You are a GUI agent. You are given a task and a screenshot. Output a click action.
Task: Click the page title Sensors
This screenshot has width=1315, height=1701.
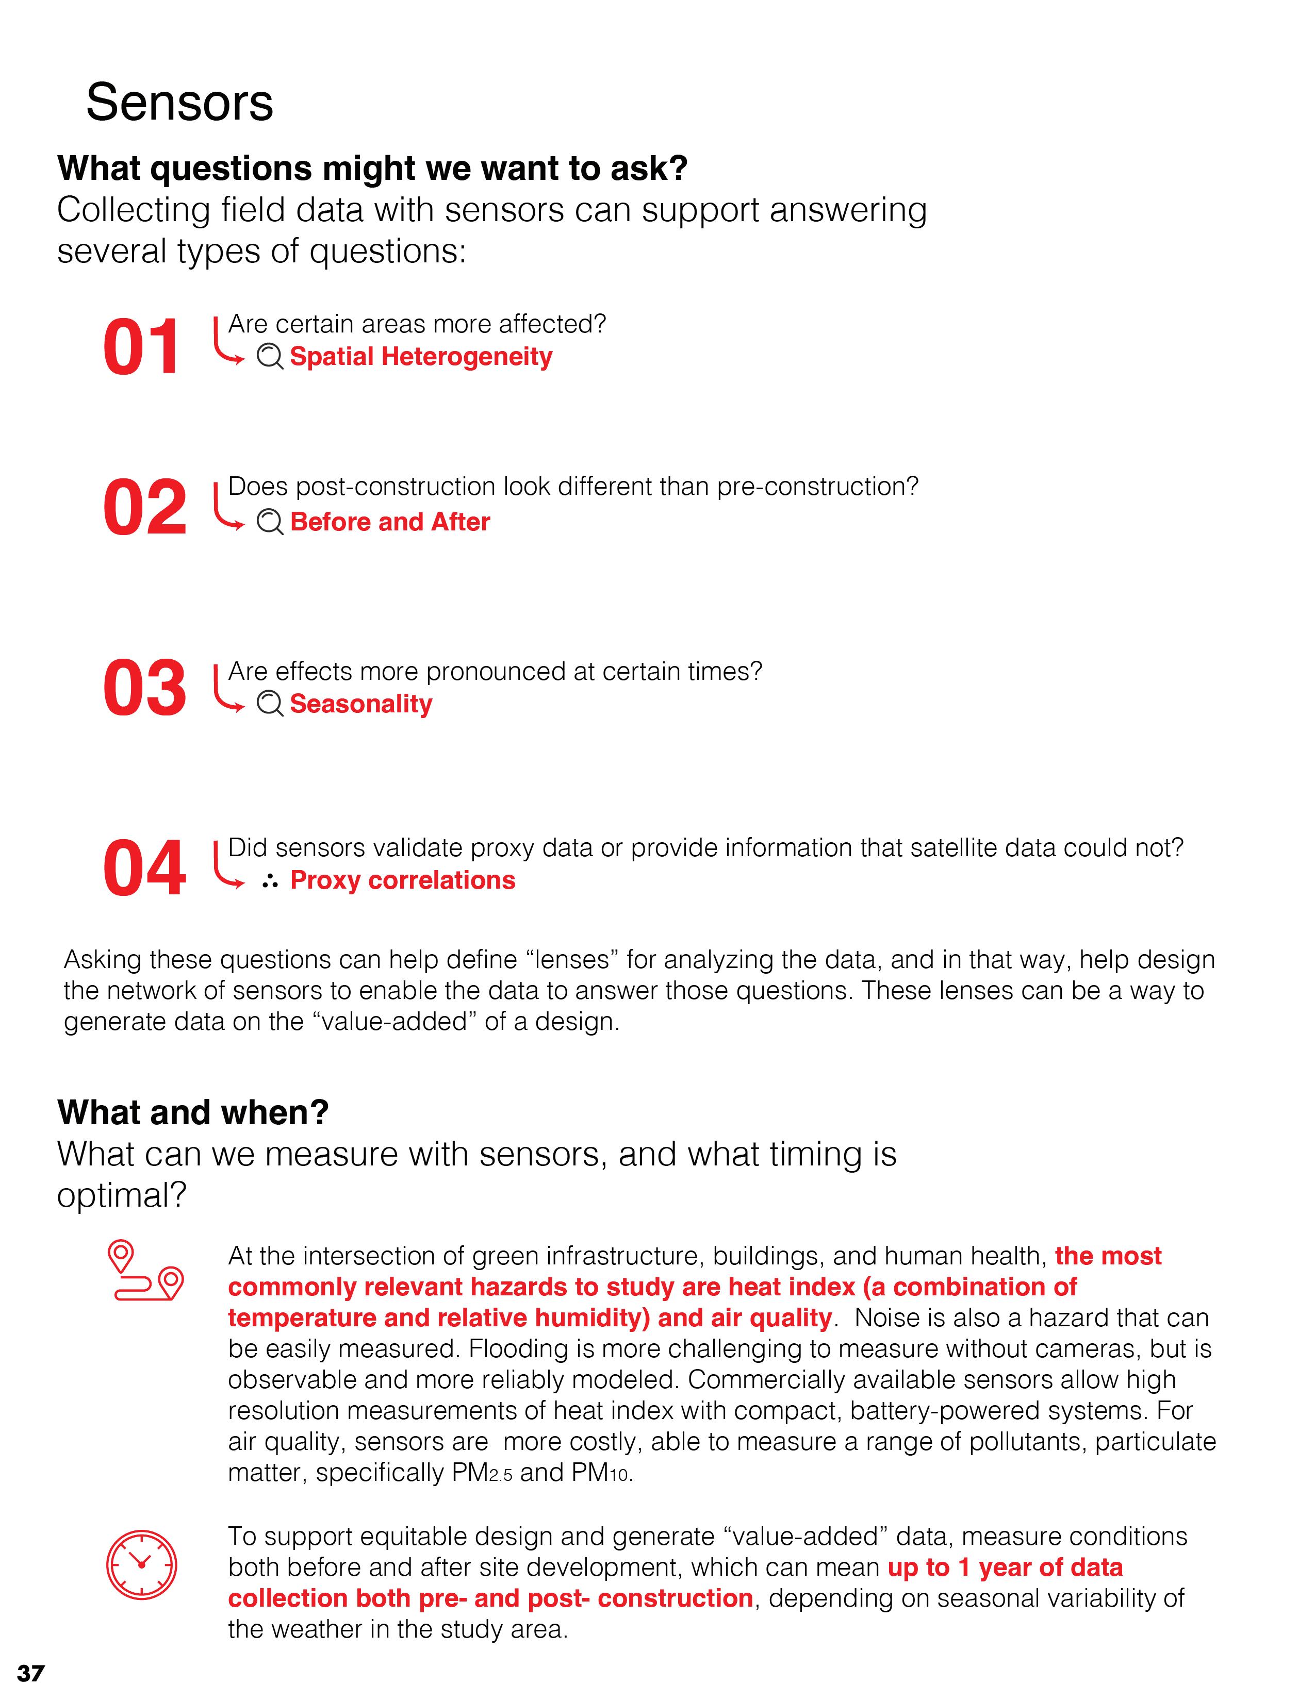[179, 103]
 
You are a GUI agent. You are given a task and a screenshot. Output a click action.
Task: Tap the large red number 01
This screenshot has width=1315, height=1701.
[142, 348]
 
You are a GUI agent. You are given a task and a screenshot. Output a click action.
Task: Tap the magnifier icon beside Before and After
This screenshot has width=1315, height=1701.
[270, 522]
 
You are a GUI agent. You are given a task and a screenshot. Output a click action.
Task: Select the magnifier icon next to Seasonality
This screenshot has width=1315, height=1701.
[270, 704]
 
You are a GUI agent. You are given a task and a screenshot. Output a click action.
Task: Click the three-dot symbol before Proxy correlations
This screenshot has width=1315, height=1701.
[270, 881]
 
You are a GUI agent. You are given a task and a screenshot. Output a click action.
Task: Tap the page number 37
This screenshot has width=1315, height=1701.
[31, 1673]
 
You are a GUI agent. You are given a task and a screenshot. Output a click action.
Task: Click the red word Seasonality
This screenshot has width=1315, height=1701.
[360, 704]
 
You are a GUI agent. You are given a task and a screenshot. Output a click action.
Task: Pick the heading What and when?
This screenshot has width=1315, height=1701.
[193, 1112]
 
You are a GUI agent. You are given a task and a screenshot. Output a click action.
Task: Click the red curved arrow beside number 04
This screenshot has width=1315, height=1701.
[227, 866]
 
